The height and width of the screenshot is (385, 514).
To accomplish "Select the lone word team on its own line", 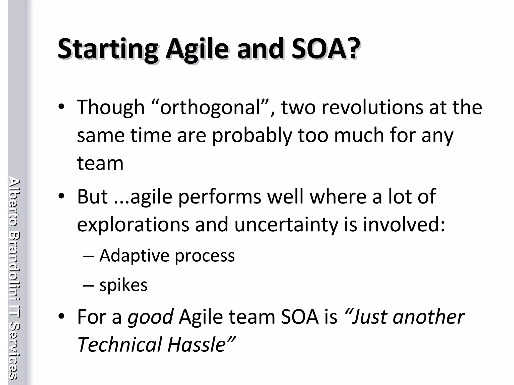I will point(100,163).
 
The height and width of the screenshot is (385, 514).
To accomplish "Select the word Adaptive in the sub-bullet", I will point(134,256).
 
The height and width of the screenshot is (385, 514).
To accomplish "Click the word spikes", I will point(123,285).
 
